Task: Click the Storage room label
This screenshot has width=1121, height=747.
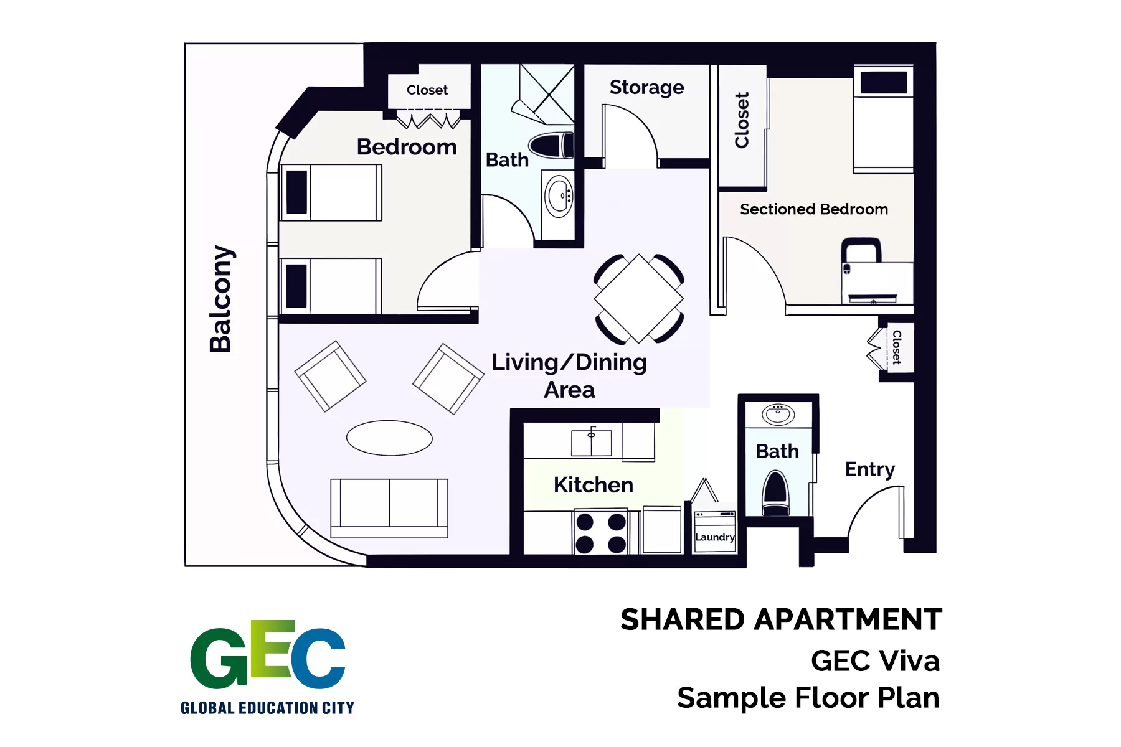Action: point(646,88)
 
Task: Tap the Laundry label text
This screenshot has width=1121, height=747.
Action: point(715,537)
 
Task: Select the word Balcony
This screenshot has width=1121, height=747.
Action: point(221,299)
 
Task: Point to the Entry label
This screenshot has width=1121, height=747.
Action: point(870,469)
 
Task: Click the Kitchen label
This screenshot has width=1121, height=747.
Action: point(594,485)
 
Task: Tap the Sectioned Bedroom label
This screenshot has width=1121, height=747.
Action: point(814,209)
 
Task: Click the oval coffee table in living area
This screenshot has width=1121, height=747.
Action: point(389,438)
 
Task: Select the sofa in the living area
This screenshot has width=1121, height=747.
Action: point(389,508)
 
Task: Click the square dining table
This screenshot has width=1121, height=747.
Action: point(639,299)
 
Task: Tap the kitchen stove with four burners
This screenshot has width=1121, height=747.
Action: point(601,532)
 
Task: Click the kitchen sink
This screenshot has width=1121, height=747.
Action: point(592,443)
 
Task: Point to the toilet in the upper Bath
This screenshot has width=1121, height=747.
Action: point(552,146)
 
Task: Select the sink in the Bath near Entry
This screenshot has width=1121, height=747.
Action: point(778,414)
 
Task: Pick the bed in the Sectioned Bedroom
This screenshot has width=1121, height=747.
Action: point(883,119)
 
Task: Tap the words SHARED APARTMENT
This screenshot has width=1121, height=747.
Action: point(781,620)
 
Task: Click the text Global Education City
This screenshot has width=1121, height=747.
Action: point(267,708)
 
